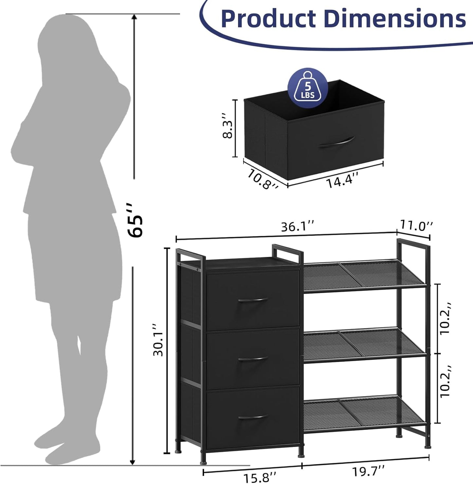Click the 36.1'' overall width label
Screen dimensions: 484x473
pyautogui.click(x=298, y=227)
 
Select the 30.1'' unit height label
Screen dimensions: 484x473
pyautogui.click(x=158, y=340)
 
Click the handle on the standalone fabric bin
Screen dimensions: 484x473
pyautogui.click(x=337, y=143)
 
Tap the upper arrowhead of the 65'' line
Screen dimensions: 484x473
pyautogui.click(x=134, y=17)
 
